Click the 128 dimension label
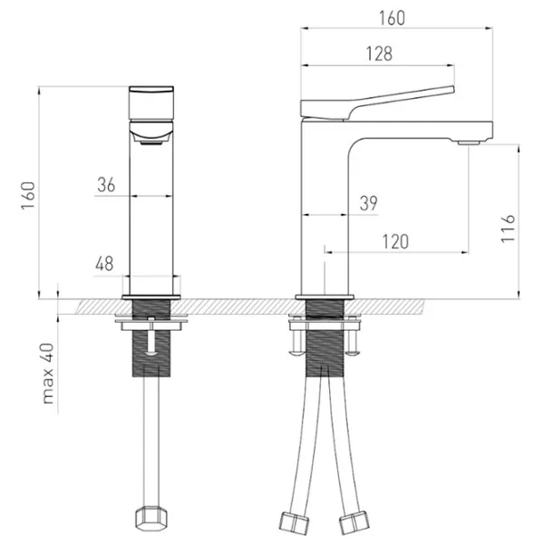pos(381,53)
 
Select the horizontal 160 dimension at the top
pos(392,18)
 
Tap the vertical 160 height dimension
pos(28,193)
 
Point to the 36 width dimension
pos(106,184)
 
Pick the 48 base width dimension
pos(104,264)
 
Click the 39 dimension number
pos(368,204)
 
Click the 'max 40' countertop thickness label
pos(50,374)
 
